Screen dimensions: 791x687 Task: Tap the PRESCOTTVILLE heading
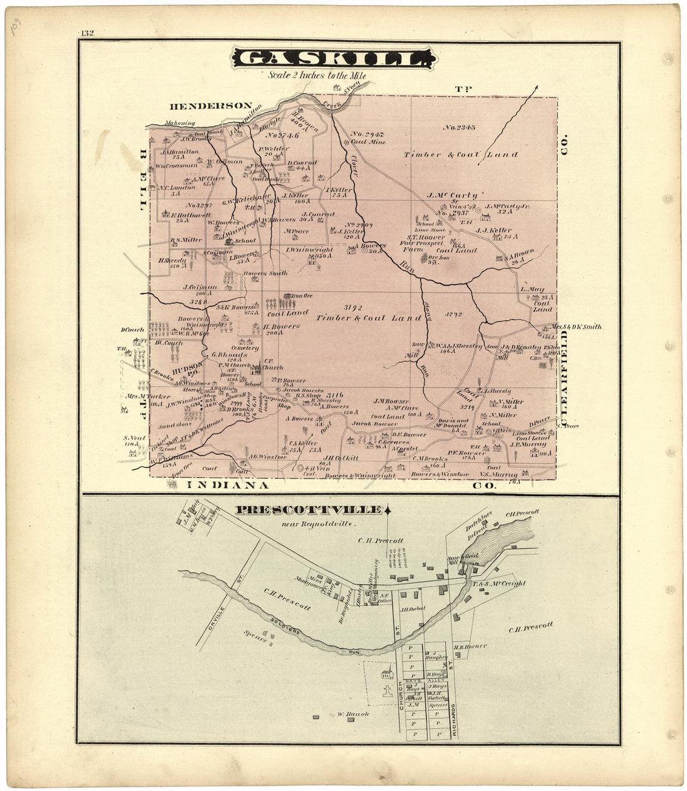(308, 510)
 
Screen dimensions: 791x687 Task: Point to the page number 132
(87, 33)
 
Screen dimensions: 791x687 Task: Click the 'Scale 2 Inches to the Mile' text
(317, 75)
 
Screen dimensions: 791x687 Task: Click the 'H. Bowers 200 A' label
(281, 329)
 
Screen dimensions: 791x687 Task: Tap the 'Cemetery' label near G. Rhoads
(244, 347)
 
